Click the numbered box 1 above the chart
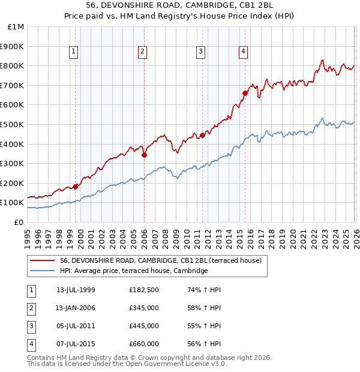pos(73,52)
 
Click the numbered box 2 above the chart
pos(142,52)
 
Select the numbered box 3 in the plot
pos(200,52)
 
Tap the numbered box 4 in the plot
pos(243,52)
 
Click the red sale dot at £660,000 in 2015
pos(245,93)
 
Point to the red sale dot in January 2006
pos(145,155)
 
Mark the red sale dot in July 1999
pos(76,187)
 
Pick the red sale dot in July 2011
pos(202,135)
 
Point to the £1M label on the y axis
pos(16,27)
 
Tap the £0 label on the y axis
pos(19,222)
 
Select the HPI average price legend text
pos(133,271)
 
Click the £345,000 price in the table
pos(143,308)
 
